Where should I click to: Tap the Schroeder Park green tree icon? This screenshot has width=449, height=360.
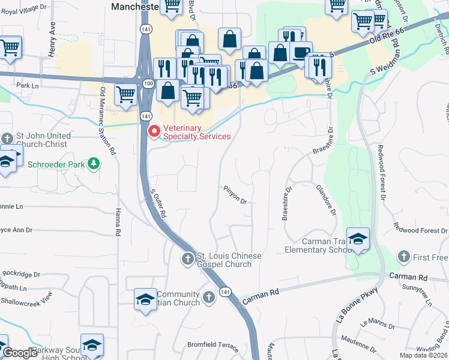pyautogui.click(x=93, y=163)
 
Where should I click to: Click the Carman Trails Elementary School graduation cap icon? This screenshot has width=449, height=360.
pyautogui.click(x=358, y=238)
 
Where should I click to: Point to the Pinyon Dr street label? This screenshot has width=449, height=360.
pyautogui.click(x=235, y=197)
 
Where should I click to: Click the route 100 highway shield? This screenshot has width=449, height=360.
pyautogui.click(x=148, y=84)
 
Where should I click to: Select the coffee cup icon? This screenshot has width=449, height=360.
pyautogui.click(x=301, y=52)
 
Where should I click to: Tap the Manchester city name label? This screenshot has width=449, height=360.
pyautogui.click(x=135, y=5)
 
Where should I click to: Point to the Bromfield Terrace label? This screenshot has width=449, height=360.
pyautogui.click(x=213, y=346)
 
